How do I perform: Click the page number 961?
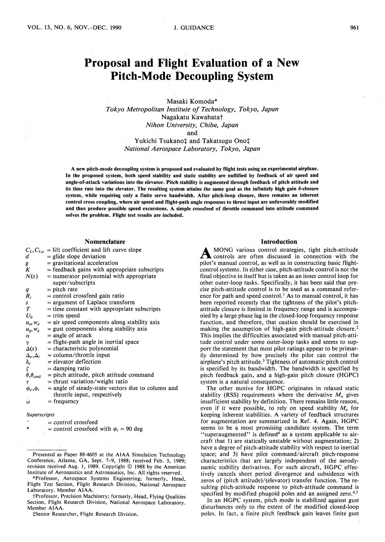[x=354, y=28]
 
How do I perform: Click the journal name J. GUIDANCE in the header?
[x=194, y=28]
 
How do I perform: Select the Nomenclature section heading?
[x=105, y=242]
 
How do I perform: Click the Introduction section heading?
[x=279, y=242]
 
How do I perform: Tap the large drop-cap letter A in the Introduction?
[x=206, y=253]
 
